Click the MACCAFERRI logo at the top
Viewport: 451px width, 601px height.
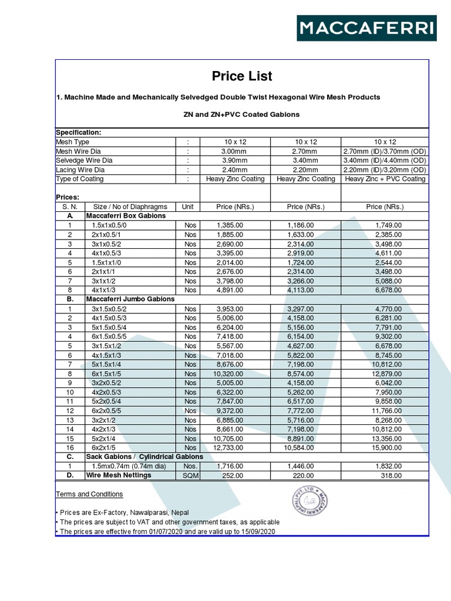point(366,28)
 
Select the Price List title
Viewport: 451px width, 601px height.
point(242,76)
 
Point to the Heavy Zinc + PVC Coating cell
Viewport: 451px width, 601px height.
point(385,179)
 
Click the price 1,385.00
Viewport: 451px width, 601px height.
point(230,225)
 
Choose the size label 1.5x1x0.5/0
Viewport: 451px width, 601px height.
point(109,225)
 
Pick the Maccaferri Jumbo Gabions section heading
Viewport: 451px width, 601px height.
point(130,299)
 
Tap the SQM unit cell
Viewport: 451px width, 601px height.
point(190,476)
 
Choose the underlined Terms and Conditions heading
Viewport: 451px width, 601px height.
point(90,494)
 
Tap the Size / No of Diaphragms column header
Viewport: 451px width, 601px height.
point(130,207)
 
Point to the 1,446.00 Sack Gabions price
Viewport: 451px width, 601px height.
point(301,466)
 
